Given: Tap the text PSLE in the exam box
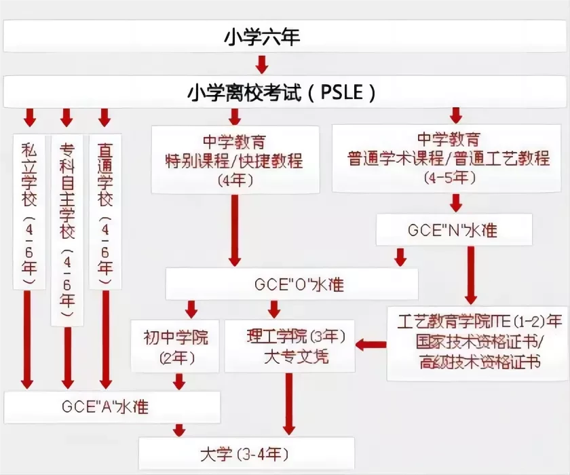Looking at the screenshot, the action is [x=342, y=92].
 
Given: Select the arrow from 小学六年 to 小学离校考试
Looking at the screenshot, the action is [x=262, y=64].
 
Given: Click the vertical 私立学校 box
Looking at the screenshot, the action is [x=29, y=212].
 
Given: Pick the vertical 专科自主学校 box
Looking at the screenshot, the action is [x=67, y=230].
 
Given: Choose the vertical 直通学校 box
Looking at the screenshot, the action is [x=105, y=212].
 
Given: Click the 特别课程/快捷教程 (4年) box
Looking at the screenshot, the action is [x=235, y=159].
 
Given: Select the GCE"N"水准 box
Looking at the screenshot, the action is [x=454, y=229].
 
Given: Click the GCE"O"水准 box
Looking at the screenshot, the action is [x=292, y=284].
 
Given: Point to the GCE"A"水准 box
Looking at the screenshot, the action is [x=112, y=407].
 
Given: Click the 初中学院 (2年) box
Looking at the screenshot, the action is [x=175, y=346].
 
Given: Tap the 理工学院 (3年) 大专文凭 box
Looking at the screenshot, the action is [x=289, y=346].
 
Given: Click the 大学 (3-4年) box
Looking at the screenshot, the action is [x=246, y=453].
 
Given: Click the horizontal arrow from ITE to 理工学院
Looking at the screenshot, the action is [x=371, y=345].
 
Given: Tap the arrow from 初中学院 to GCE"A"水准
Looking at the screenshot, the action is [x=179, y=381].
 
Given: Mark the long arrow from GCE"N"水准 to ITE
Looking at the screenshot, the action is [x=471, y=275].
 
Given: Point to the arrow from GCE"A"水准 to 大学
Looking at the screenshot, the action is [x=179, y=430].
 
